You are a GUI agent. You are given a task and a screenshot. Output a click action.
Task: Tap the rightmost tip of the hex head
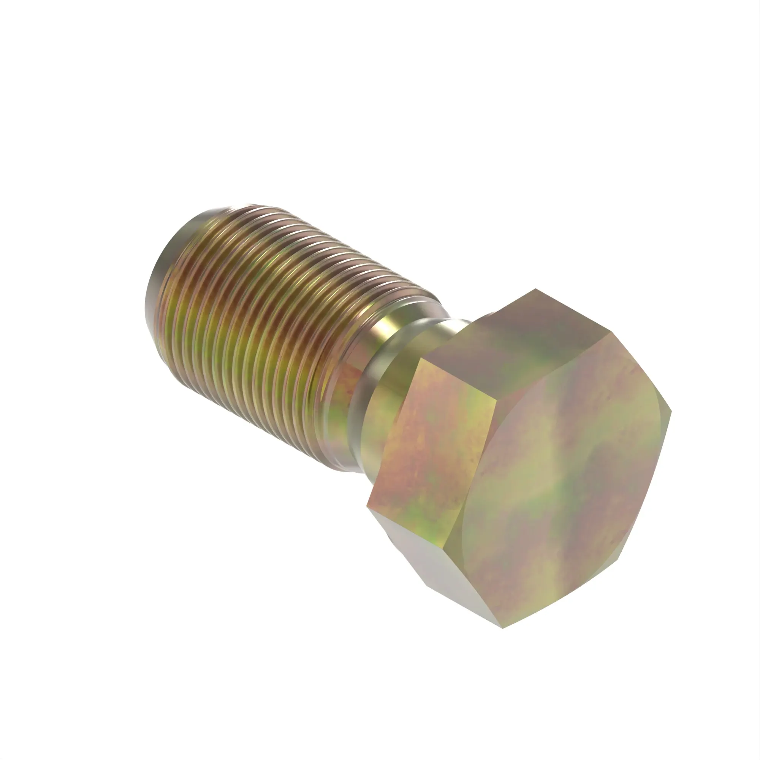click(x=671, y=411)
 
